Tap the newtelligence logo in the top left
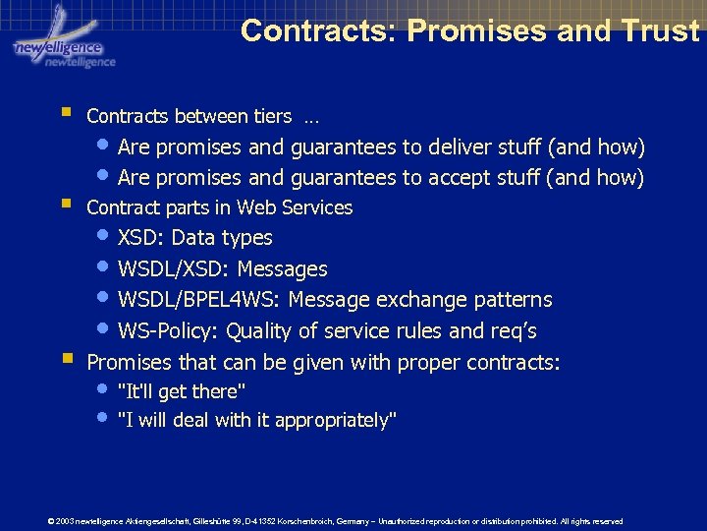click(61, 39)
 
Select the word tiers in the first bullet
click(272, 116)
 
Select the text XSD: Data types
click(194, 238)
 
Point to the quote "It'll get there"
click(181, 391)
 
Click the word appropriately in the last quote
click(336, 421)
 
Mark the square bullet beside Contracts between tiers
click(65, 114)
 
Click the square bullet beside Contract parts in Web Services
click(65, 206)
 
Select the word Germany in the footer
click(378, 521)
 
